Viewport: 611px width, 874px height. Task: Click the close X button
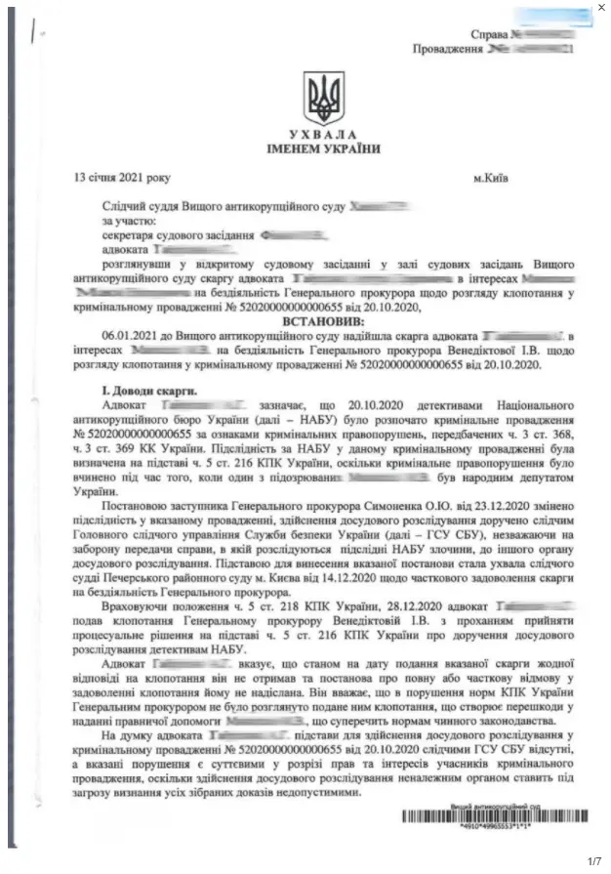click(x=599, y=8)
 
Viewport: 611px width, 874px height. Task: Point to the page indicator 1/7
click(x=593, y=860)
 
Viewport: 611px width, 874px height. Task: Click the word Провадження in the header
click(x=448, y=47)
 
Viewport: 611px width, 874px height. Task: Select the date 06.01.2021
click(x=129, y=336)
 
